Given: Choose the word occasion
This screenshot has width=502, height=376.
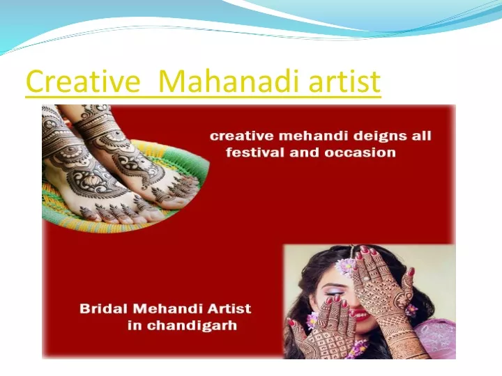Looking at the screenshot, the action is coord(360,152).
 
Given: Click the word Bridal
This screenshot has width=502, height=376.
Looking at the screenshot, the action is coord(104,309).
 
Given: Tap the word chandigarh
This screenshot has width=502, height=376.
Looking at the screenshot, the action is coord(192,326).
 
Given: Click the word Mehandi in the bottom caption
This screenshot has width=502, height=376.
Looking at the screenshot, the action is coord(168,309).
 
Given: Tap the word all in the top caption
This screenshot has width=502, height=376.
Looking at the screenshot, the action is coord(421,136).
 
